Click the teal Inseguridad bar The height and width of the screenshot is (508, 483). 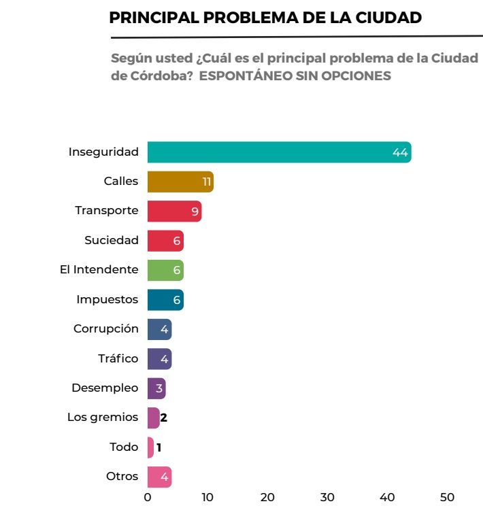(279, 152)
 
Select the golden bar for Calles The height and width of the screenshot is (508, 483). (180, 182)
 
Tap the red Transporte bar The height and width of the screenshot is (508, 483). (173, 211)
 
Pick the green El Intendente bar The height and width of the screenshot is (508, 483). (165, 270)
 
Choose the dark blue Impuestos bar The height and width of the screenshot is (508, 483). (165, 299)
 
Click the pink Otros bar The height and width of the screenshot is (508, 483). (159, 477)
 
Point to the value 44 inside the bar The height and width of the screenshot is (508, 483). (400, 153)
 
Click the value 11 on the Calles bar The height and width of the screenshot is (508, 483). (207, 182)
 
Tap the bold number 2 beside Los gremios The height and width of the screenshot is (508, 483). (164, 418)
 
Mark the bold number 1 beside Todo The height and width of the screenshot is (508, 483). (159, 447)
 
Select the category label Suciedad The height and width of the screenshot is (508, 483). (112, 240)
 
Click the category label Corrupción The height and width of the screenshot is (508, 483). (106, 328)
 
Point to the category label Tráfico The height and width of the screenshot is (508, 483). (118, 358)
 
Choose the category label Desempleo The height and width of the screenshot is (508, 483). (105, 388)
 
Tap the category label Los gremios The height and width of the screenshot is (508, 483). (103, 417)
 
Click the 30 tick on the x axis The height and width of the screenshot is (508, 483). (327, 497)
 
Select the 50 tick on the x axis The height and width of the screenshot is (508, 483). (447, 497)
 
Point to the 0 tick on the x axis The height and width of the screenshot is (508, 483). (148, 497)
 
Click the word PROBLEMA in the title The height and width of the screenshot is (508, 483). (260, 18)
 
